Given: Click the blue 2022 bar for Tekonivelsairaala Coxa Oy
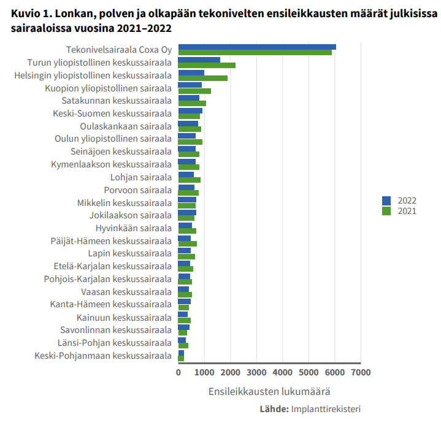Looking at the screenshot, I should [x=256, y=47].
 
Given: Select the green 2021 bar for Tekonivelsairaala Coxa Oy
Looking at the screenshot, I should [x=255, y=53].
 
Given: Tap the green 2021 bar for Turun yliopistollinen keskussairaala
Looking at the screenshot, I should [x=207, y=65].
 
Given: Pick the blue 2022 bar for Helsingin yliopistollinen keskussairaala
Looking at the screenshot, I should [x=191, y=73].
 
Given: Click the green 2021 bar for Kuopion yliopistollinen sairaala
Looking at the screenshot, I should [x=194, y=91].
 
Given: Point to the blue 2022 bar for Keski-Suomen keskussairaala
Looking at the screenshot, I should [x=190, y=111].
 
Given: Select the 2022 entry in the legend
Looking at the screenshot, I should [x=399, y=201].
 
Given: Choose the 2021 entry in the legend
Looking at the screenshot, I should [x=399, y=211].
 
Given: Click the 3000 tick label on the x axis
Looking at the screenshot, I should [x=256, y=372].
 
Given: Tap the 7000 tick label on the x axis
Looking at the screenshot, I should [x=361, y=372].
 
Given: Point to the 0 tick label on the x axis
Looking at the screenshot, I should [x=178, y=372].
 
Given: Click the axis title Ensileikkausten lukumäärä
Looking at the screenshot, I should [x=269, y=391].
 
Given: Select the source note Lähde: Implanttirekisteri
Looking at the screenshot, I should [x=310, y=409].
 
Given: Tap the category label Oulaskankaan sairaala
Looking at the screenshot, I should [x=126, y=126].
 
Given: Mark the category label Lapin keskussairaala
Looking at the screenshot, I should [x=129, y=253].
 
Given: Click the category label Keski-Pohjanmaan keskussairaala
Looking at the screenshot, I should [x=102, y=355].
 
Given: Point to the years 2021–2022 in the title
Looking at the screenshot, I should [x=141, y=29].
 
